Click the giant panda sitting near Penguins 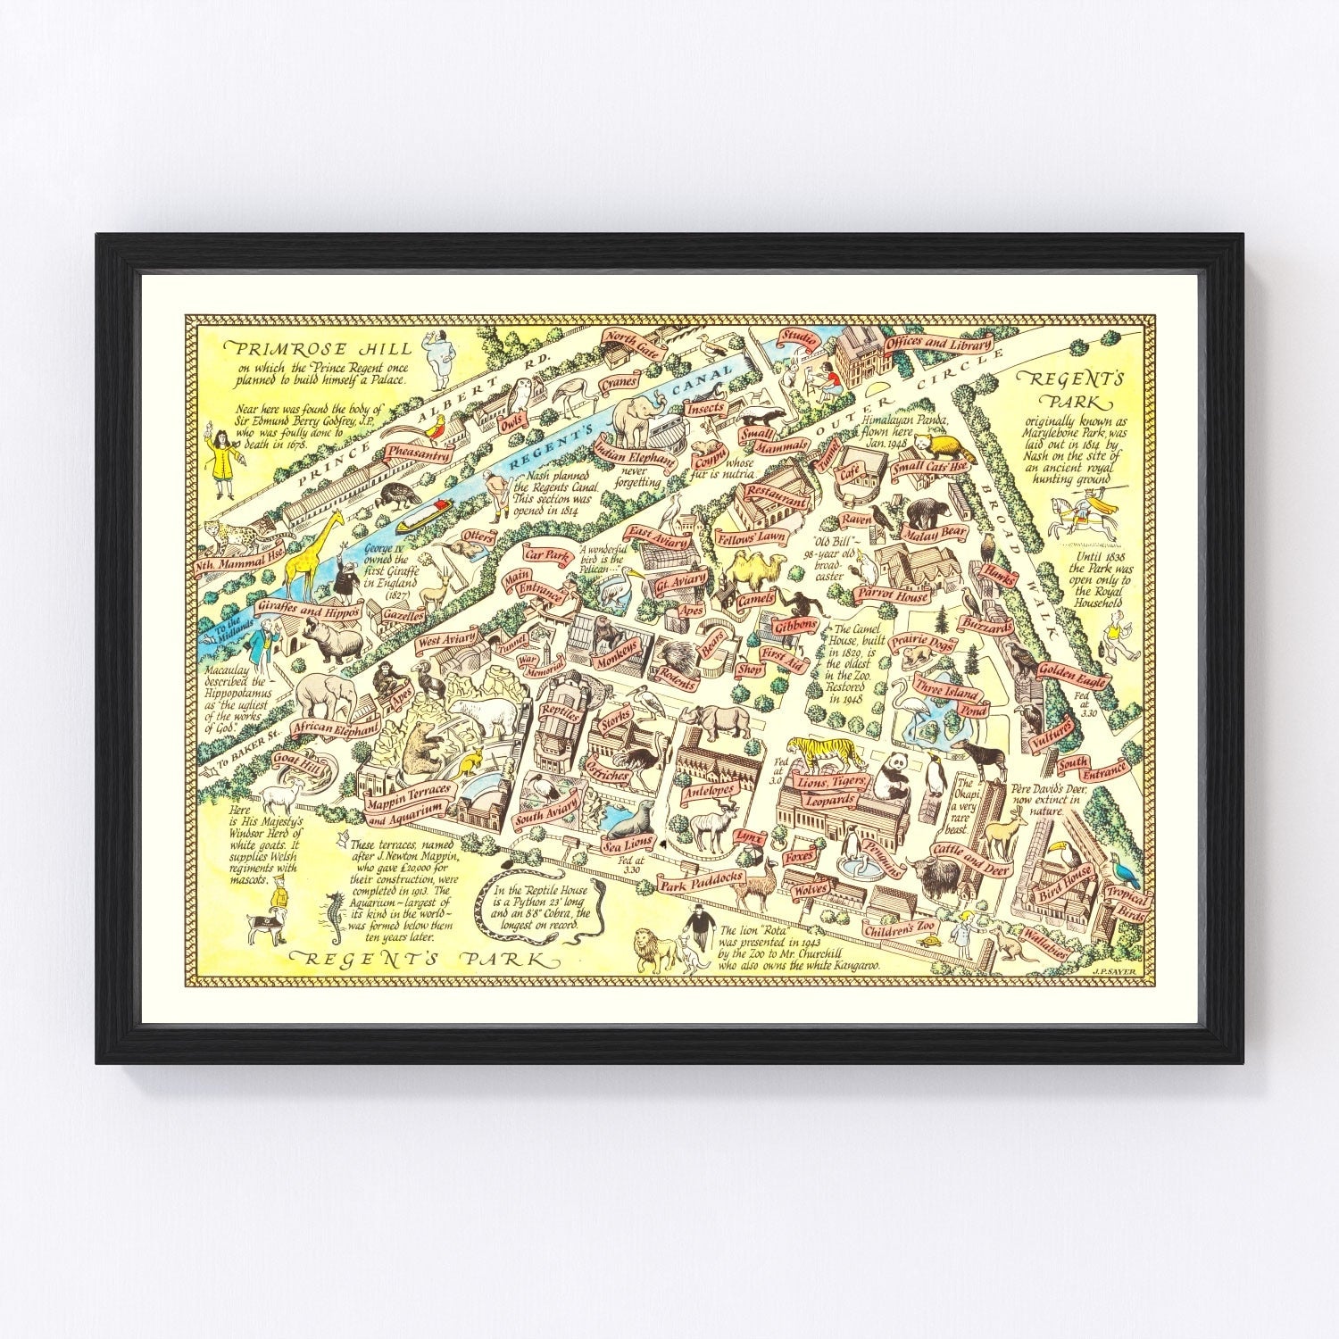(x=892, y=774)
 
